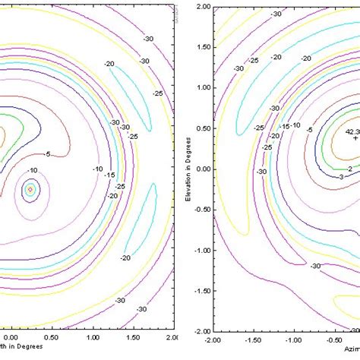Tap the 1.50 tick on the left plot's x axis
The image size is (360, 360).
click(x=131, y=336)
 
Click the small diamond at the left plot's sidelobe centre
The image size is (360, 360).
click(x=30, y=189)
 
